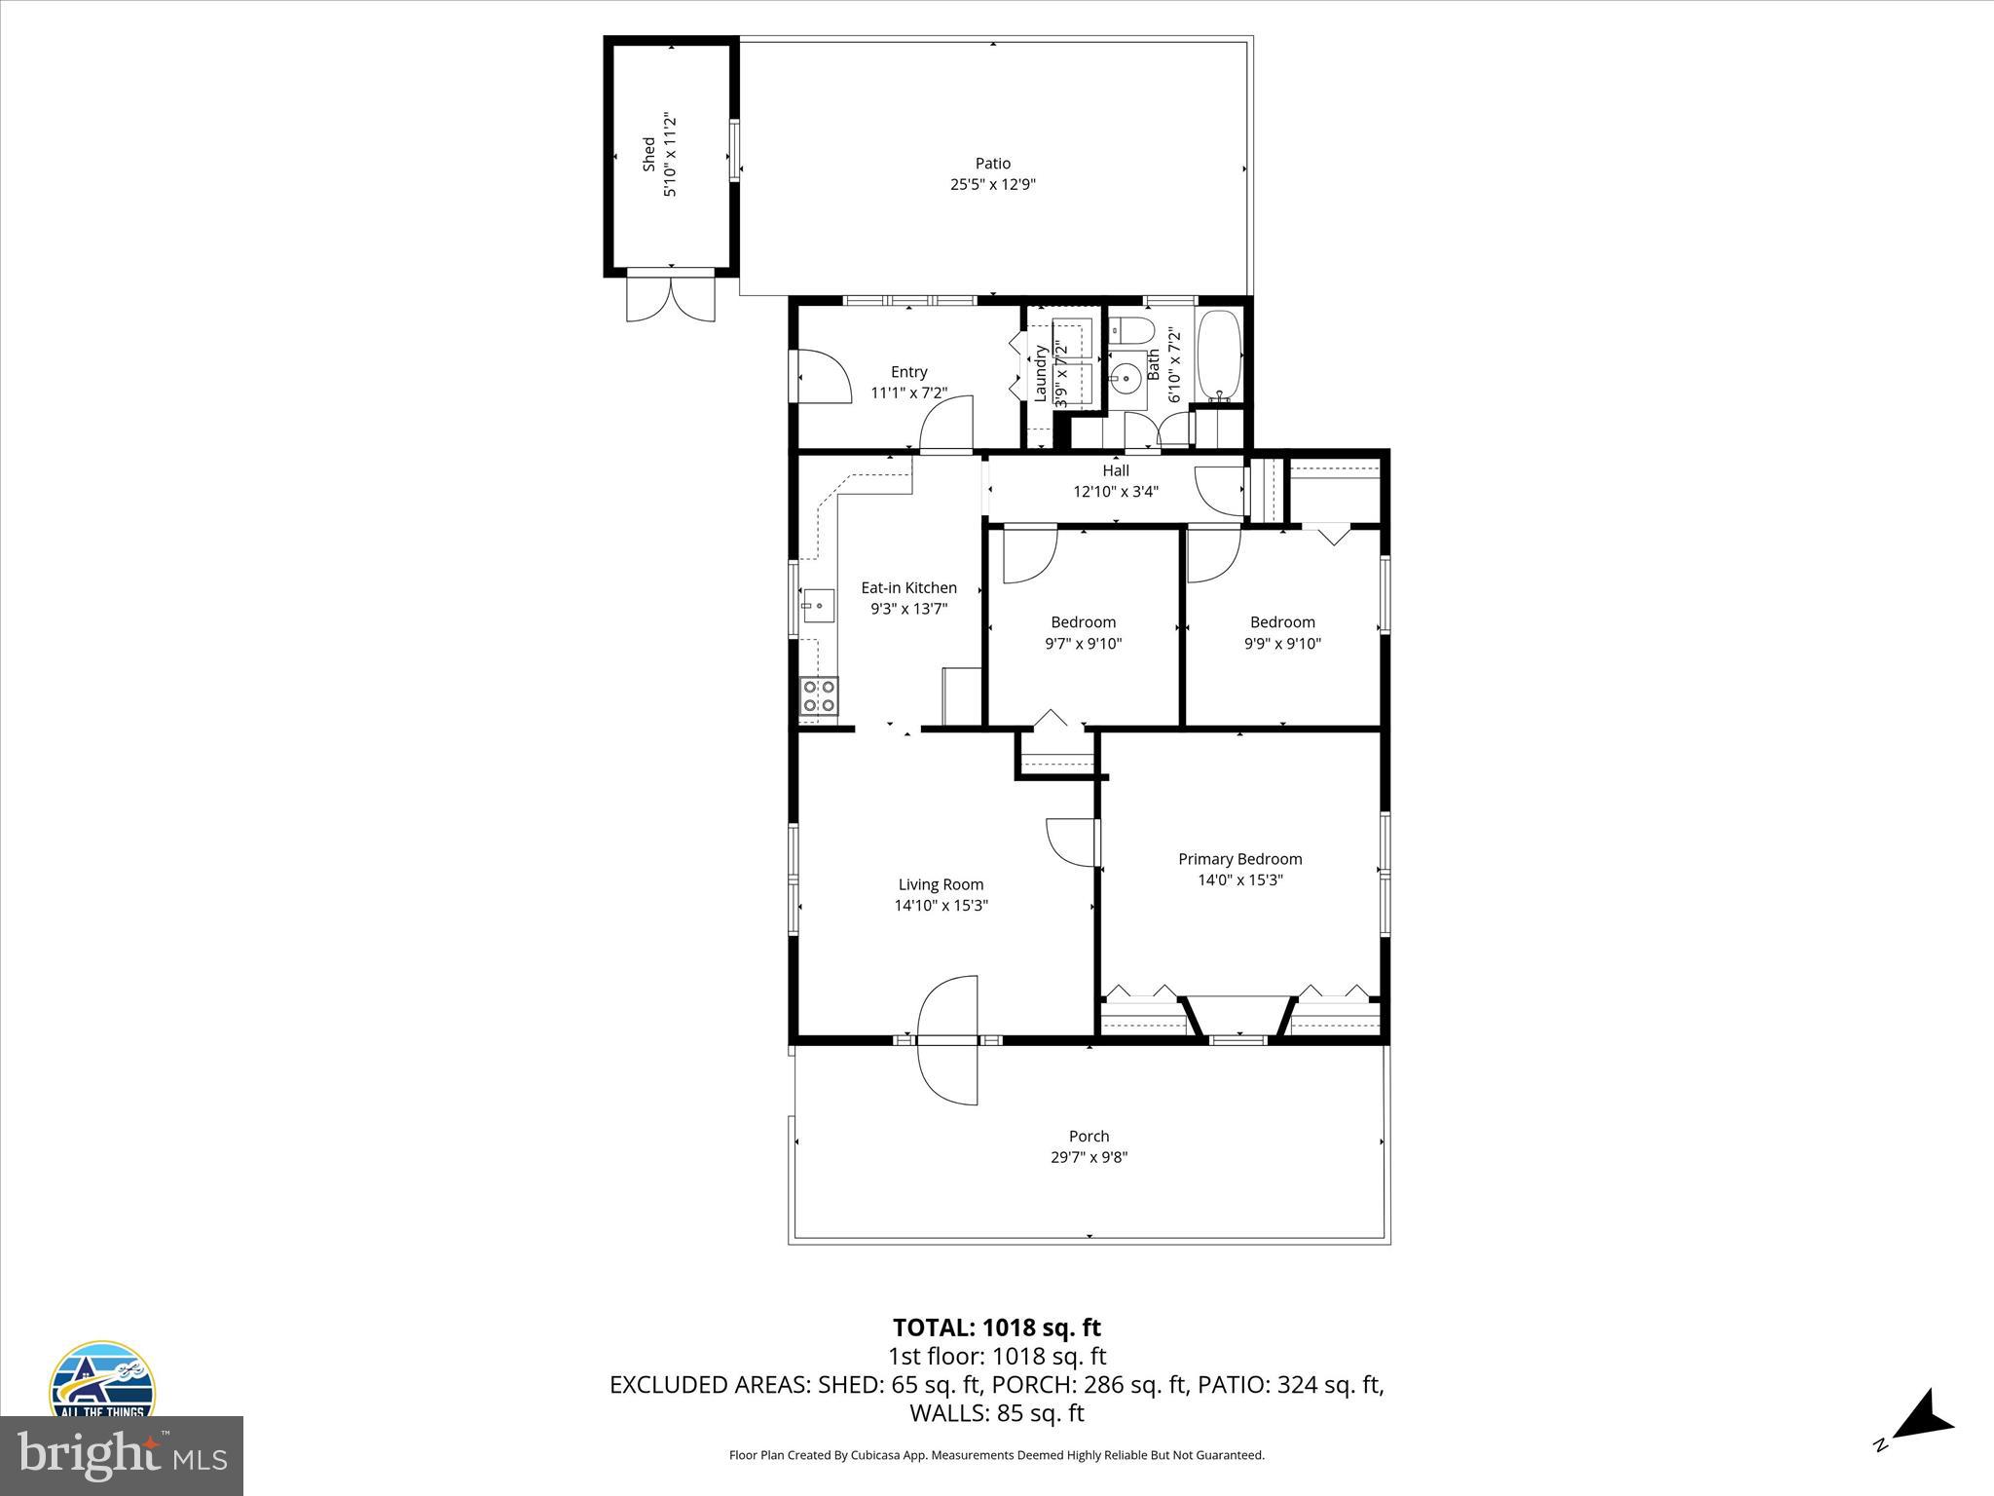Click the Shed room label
[x=648, y=156]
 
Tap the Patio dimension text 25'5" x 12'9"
[x=992, y=185]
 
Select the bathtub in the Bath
[x=1218, y=356]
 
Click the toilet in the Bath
[x=1130, y=331]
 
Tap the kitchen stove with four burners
[x=819, y=696]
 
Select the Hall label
[x=1116, y=470]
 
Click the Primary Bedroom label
[x=1239, y=859]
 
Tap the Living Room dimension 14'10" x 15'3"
[x=941, y=906]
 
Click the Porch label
[x=1089, y=1136]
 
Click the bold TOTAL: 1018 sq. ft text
[x=996, y=1328]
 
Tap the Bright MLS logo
[x=122, y=1456]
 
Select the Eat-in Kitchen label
[x=908, y=587]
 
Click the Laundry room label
[x=1040, y=374]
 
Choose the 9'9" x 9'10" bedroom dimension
[x=1282, y=644]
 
